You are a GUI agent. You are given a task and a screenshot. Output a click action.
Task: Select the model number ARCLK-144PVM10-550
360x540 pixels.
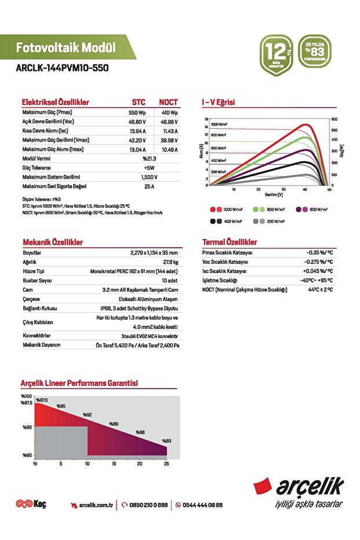(62, 68)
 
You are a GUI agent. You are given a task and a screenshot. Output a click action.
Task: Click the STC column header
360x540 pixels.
(139, 102)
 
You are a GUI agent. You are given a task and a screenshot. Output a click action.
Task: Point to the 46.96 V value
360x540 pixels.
(169, 122)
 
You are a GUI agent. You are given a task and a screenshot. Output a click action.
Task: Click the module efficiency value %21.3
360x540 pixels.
(149, 158)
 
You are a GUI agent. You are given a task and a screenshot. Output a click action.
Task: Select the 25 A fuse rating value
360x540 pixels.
(149, 186)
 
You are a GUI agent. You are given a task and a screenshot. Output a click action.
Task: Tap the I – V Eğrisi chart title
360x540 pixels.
(218, 103)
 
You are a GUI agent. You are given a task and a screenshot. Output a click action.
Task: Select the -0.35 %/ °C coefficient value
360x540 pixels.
(319, 253)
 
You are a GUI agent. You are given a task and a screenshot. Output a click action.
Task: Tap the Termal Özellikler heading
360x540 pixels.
(230, 242)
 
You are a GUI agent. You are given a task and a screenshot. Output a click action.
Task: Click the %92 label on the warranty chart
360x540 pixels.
(88, 415)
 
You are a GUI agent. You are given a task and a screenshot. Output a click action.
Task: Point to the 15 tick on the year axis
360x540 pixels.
(114, 463)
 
